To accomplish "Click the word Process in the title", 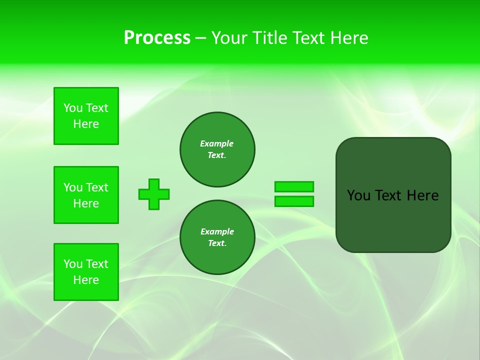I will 157,38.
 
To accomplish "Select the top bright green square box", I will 86,116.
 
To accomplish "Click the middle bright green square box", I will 86,195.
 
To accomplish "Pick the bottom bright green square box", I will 86,272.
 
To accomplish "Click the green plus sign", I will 154,194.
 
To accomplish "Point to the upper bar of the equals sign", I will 294,186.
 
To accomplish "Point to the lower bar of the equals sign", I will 294,201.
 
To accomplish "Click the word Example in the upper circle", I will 216,143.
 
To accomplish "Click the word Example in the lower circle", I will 217,231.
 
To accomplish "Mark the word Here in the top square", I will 86,124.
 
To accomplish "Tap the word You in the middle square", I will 73,187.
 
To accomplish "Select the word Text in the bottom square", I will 97,264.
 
